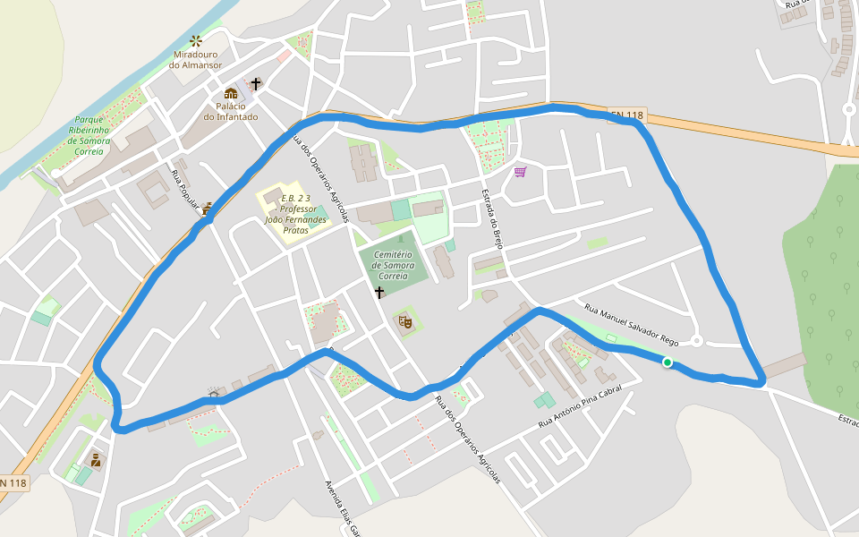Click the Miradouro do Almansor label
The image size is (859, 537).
(195, 60)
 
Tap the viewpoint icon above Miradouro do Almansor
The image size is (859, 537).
(195, 40)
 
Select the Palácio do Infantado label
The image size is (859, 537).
(230, 112)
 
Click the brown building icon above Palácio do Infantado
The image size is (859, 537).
(231, 93)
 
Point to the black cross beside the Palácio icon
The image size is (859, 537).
(256, 84)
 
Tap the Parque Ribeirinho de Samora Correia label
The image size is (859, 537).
(89, 135)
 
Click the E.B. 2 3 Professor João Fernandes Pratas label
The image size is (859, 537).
(294, 214)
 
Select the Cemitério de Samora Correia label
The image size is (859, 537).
(394, 265)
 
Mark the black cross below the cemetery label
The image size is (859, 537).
(379, 293)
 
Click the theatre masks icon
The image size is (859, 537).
(405, 320)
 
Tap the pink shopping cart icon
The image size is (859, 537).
(520, 171)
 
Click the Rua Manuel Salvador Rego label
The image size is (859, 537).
(632, 324)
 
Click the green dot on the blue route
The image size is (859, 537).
(667, 362)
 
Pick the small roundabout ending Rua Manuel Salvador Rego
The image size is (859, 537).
(697, 340)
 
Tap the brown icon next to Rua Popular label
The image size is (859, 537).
(208, 208)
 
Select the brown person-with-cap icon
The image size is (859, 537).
(95, 460)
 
